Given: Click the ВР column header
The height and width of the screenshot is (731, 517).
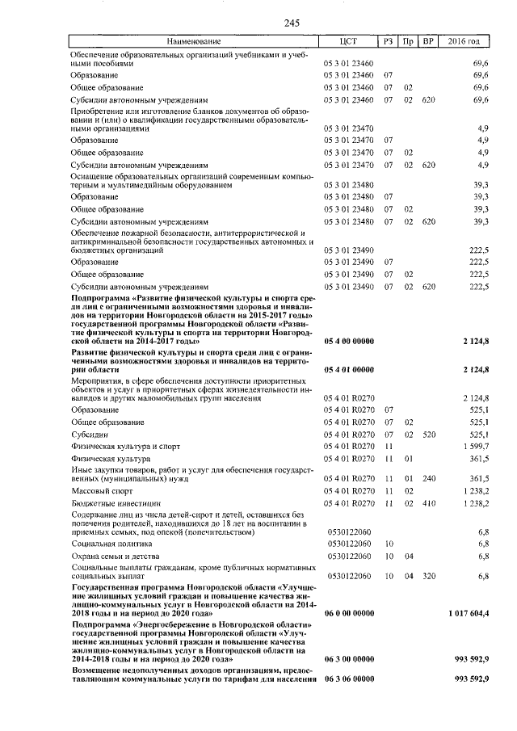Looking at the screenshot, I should [x=429, y=41].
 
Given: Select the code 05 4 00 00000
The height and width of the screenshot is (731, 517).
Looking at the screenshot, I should [x=348, y=342].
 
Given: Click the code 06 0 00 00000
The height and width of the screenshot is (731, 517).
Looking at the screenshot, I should [x=348, y=615].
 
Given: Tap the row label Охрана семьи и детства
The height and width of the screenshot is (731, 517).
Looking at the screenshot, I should [x=116, y=557].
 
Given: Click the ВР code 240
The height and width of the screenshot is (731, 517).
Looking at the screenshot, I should [x=429, y=478].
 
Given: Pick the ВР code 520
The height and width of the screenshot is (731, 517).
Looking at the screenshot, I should [x=429, y=434].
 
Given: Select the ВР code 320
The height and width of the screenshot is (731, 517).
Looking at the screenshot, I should [x=429, y=576].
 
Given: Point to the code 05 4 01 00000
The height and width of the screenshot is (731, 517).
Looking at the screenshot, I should [x=348, y=369].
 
